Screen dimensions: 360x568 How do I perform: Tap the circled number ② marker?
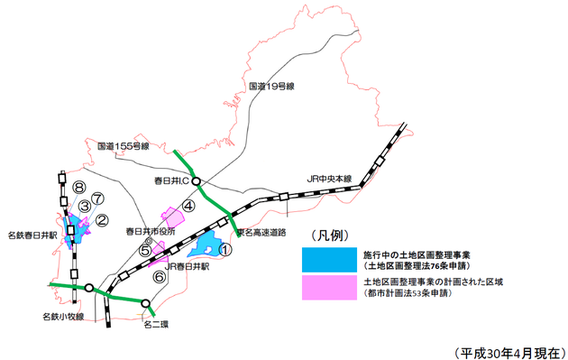click(x=102, y=219)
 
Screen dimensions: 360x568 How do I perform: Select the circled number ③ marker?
click(x=85, y=207)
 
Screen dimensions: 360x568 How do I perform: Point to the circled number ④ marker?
click(x=188, y=206)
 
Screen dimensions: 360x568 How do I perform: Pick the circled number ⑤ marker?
click(x=146, y=252)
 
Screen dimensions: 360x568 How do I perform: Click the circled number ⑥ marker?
click(x=160, y=278)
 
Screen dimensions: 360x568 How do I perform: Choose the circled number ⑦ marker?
click(x=97, y=199)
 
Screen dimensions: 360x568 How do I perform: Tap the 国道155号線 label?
click(x=123, y=144)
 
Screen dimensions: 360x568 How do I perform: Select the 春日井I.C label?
click(x=169, y=181)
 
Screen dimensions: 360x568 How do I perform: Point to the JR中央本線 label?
click(x=330, y=178)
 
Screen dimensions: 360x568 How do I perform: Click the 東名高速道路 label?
click(x=260, y=232)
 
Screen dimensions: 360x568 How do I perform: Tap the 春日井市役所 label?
click(x=150, y=231)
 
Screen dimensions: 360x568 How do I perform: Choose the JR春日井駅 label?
click(x=187, y=267)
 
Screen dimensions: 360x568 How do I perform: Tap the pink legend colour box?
click(x=329, y=287)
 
